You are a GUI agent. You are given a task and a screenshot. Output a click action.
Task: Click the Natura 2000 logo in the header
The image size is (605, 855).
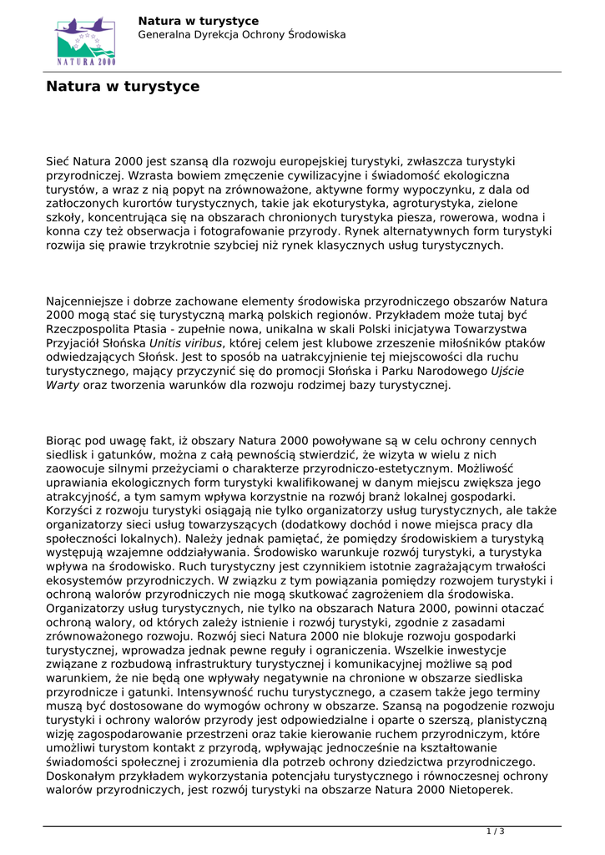click(x=85, y=41)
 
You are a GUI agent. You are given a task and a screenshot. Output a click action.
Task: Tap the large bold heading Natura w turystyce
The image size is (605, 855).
click(x=123, y=87)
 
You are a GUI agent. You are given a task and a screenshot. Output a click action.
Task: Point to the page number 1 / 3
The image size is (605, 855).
click(x=496, y=832)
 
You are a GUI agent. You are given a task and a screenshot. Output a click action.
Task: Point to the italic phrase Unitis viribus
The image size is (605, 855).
click(x=186, y=343)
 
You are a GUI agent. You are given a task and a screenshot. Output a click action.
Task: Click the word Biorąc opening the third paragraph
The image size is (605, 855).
click(x=66, y=441)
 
